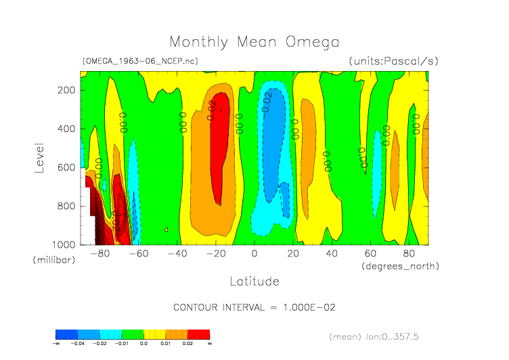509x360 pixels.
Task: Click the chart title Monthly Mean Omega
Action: pyautogui.click(x=254, y=42)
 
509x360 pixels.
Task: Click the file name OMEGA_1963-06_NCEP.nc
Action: pyautogui.click(x=140, y=61)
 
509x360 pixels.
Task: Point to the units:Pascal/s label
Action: pyautogui.click(x=393, y=61)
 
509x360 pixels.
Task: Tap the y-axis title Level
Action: pyautogui.click(x=39, y=156)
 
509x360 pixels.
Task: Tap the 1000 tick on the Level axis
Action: pyautogui.click(x=64, y=244)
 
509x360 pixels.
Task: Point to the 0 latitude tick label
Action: pyautogui.click(x=255, y=254)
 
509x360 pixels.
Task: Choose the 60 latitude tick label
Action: pyautogui.click(x=370, y=254)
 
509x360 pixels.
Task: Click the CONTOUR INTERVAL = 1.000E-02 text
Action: pyautogui.click(x=255, y=307)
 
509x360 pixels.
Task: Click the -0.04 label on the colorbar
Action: pyautogui.click(x=78, y=344)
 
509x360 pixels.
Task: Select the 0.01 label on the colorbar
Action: pyautogui.click(x=166, y=344)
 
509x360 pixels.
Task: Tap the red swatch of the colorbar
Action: pyautogui.click(x=199, y=334)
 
